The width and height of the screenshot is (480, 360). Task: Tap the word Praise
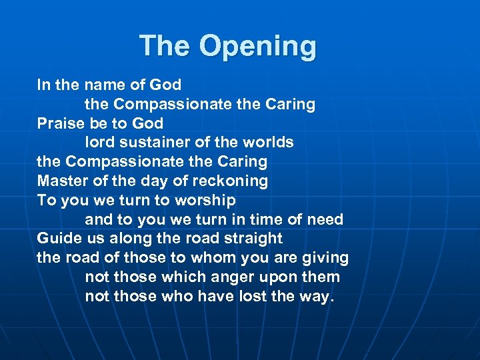tap(61, 123)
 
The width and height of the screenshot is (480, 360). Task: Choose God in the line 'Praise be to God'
tap(147, 123)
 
